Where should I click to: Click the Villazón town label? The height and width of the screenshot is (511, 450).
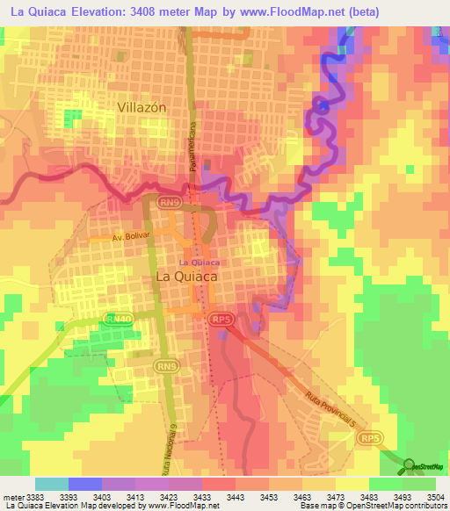[x=142, y=106]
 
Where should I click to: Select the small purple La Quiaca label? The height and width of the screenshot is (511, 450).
[x=198, y=262]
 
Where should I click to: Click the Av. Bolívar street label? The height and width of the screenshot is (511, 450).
[x=132, y=238]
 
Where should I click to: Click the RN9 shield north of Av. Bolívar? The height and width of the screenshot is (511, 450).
[x=170, y=202]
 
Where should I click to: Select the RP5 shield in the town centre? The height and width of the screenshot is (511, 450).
[x=221, y=321]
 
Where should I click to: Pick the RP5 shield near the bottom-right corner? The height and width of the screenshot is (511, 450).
[x=373, y=437]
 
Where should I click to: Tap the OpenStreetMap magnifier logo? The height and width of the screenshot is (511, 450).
[x=409, y=466]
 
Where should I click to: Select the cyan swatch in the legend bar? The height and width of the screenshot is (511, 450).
[x=52, y=484]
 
